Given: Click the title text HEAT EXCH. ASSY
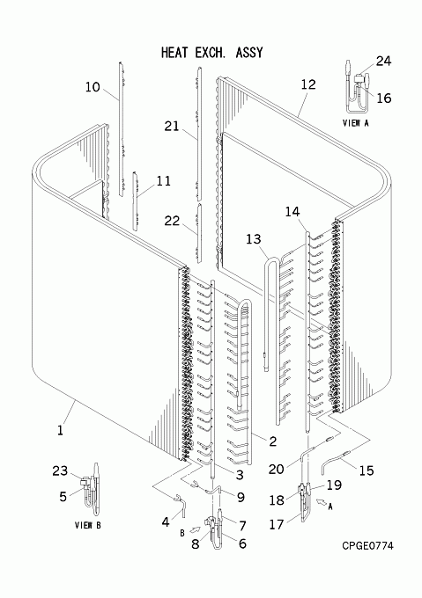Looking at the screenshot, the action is pos(212,52).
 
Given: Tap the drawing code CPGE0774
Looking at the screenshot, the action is pos(367,546).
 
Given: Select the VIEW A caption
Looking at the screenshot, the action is pos(356,123).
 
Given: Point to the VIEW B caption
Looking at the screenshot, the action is pos(88,525).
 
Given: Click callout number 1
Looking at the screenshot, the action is pos(60,431).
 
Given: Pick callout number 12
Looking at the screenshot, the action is pos(308,84).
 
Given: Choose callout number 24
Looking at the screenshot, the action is pos(383,61).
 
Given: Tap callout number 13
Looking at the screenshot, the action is pos(253,239).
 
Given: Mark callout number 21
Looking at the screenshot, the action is pos(172,126).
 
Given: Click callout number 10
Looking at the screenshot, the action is pos(92,87).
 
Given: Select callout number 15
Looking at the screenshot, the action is pos(366,470).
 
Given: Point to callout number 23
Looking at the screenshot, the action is pos(60,471).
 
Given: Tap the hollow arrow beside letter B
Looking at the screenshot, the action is pos(196,529).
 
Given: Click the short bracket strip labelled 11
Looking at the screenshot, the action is pos(135,201).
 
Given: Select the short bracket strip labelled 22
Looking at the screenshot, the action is pos(199,233).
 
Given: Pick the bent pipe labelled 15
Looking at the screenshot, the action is pos(335,460).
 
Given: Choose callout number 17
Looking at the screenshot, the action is pos(277,524).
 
